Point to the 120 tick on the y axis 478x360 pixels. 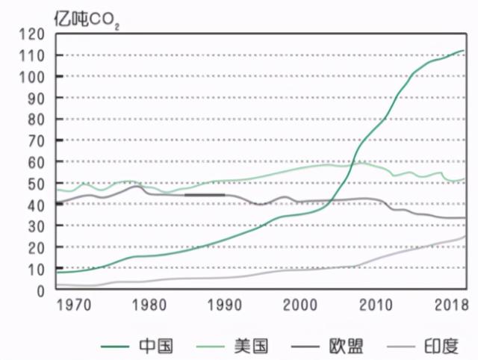34,34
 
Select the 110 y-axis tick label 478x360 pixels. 34,56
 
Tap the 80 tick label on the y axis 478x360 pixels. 37,120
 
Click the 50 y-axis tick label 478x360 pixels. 37,184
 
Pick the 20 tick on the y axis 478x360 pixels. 37,248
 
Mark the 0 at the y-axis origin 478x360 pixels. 42,291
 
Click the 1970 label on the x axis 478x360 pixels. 71,305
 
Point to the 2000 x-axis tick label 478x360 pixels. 301,305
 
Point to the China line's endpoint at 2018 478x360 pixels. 464,50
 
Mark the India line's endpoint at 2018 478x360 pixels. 465,236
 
